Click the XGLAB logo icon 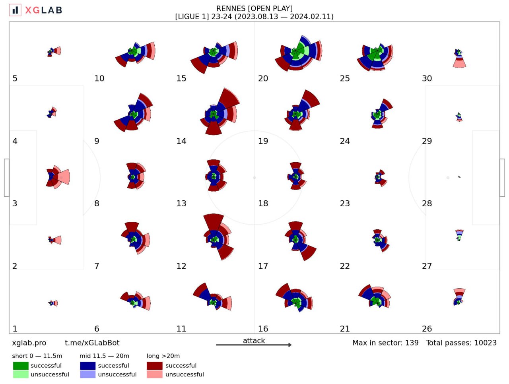(x=15, y=10)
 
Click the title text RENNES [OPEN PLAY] (x=254, y=8)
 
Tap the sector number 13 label (x=181, y=204)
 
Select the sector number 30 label (x=427, y=78)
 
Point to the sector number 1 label (x=15, y=329)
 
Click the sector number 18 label (x=263, y=204)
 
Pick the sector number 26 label (x=427, y=329)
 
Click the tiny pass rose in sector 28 (x=459, y=176)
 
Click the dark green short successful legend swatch (x=21, y=366)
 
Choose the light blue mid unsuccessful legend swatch (x=87, y=374)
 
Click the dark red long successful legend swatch (x=154, y=366)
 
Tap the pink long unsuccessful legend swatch (x=154, y=374)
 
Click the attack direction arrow (x=254, y=345)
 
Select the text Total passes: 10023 (x=461, y=343)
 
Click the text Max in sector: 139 (x=385, y=343)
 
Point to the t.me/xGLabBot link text (x=92, y=343)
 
